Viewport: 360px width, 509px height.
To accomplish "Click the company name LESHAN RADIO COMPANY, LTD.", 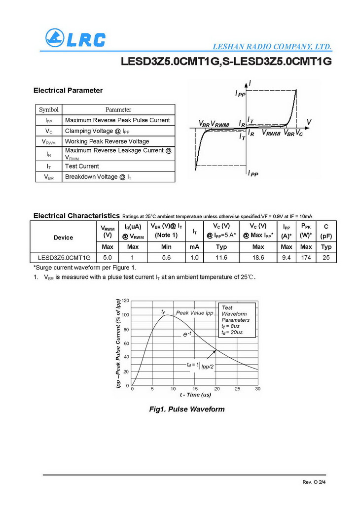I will pos(272,47).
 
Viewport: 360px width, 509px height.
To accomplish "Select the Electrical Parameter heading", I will pos(68,90).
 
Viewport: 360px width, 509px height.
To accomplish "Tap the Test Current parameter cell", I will pos(82,166).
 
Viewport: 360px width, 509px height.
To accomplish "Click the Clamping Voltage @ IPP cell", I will pos(97,131).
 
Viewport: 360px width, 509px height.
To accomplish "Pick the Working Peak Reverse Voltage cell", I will pos(107,141).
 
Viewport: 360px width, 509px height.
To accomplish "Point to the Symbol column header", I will pos(49,109).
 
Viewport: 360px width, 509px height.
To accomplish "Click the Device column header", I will pos(63,238).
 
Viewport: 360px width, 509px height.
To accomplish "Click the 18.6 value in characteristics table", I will pos(257,258).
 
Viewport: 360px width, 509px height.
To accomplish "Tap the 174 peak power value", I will pos(306,258).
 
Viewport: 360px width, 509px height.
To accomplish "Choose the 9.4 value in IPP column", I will pos(286,258).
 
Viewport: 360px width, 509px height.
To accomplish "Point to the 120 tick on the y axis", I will pos(125,301).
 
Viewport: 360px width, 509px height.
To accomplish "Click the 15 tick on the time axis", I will pos(195,389).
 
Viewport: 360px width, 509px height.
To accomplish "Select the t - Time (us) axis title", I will pos(195,395).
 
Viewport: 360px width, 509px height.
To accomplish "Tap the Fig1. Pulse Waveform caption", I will pos(187,409).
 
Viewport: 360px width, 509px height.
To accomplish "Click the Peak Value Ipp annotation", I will pos(195,313).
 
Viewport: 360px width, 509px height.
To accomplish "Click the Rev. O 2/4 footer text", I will pos(314,481).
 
